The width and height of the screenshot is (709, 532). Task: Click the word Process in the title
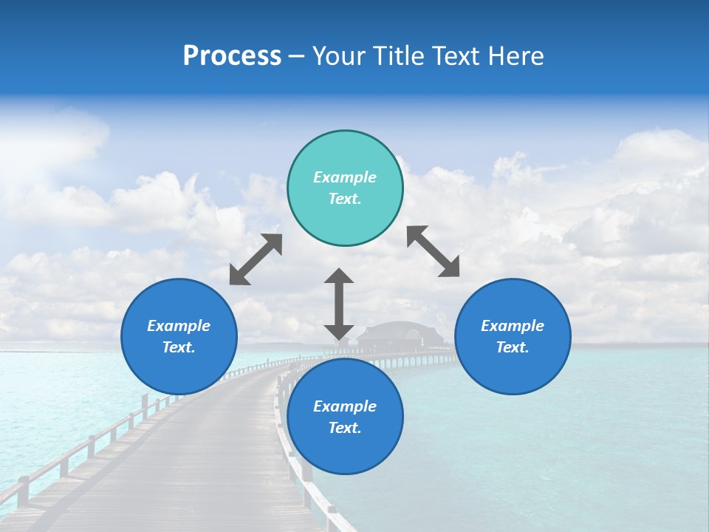[232, 56]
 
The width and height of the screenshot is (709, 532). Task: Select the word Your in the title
[337, 56]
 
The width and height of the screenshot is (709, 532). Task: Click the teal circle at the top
[345, 188]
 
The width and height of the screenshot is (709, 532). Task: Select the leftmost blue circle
[179, 336]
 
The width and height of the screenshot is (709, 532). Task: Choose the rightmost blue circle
[513, 336]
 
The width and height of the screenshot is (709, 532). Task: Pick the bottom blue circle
[345, 417]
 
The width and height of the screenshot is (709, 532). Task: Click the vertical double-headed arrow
[339, 304]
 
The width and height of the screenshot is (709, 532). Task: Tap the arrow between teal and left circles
[256, 259]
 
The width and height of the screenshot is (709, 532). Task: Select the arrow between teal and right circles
[434, 251]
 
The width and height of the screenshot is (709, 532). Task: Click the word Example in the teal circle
[345, 177]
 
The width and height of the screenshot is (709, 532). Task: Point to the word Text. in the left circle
[179, 347]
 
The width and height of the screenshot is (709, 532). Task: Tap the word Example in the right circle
[513, 326]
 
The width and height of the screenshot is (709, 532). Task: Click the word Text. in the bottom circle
[345, 428]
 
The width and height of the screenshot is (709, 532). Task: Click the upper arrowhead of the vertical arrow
[339, 277]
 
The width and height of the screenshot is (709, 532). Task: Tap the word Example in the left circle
[179, 326]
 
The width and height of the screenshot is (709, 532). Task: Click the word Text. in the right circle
[513, 347]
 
